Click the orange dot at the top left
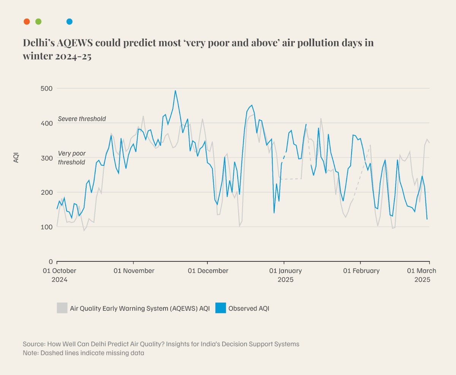pos(27,22)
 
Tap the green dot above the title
pos(38,22)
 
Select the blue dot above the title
pos(69,22)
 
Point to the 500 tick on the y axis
pos(47,88)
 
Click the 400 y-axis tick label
pos(47,123)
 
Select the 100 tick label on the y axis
pos(47,227)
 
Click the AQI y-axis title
pos(16,157)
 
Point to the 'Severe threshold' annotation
pos(82,119)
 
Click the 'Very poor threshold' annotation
pos(72,158)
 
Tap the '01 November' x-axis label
pos(134,271)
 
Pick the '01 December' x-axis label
pos(208,271)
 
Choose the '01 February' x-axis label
pos(361,271)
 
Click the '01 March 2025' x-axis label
pos(422,275)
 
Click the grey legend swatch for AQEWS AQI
pos(62,308)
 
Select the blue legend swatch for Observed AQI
pos(220,308)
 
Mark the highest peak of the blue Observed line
pos(175,91)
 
